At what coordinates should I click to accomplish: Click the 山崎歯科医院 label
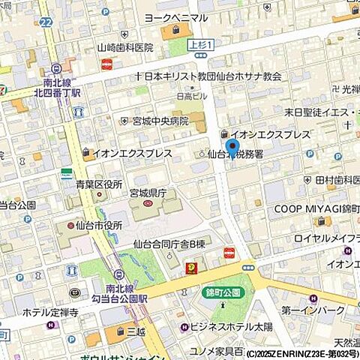pos(125,47)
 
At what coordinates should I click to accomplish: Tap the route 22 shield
pos(47,23)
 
